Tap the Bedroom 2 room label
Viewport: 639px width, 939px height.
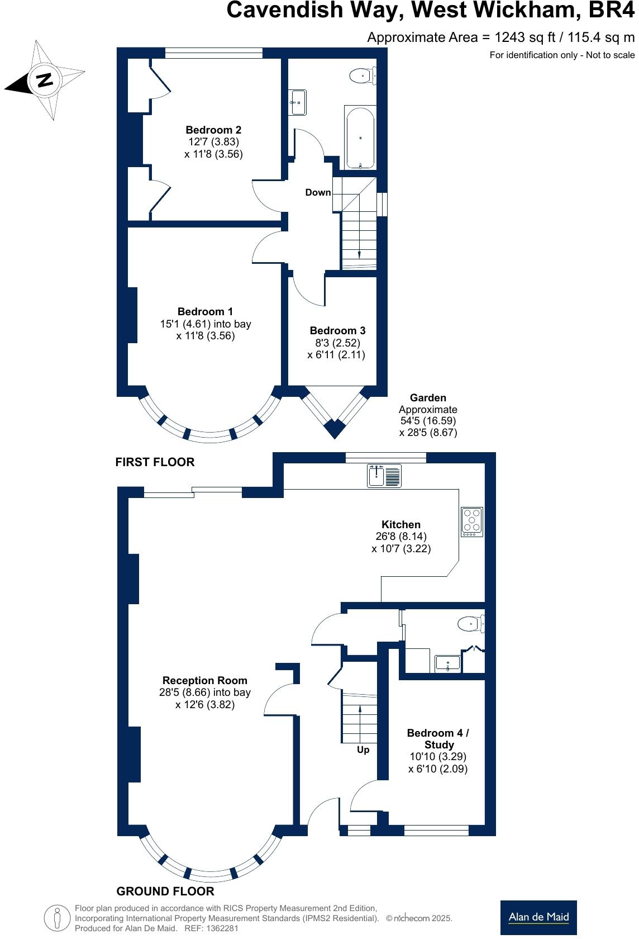213,130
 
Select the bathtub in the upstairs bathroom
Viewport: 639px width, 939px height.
360,137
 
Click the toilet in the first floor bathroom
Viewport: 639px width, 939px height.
363,75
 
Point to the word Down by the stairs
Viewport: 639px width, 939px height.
318,192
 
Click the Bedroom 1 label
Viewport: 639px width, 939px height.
205,312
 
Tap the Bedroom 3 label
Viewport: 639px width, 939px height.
337,331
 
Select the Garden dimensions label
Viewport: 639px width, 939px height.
428,415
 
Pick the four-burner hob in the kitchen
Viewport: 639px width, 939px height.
472,521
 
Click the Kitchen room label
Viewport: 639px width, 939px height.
400,524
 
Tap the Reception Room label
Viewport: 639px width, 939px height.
204,680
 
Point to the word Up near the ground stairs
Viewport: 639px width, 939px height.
363,750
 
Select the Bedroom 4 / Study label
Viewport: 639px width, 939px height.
438,738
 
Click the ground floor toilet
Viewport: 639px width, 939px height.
471,623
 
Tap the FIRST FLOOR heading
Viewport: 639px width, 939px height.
155,462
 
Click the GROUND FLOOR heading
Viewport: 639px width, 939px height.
165,891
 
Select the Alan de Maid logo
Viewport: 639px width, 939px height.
538,917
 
